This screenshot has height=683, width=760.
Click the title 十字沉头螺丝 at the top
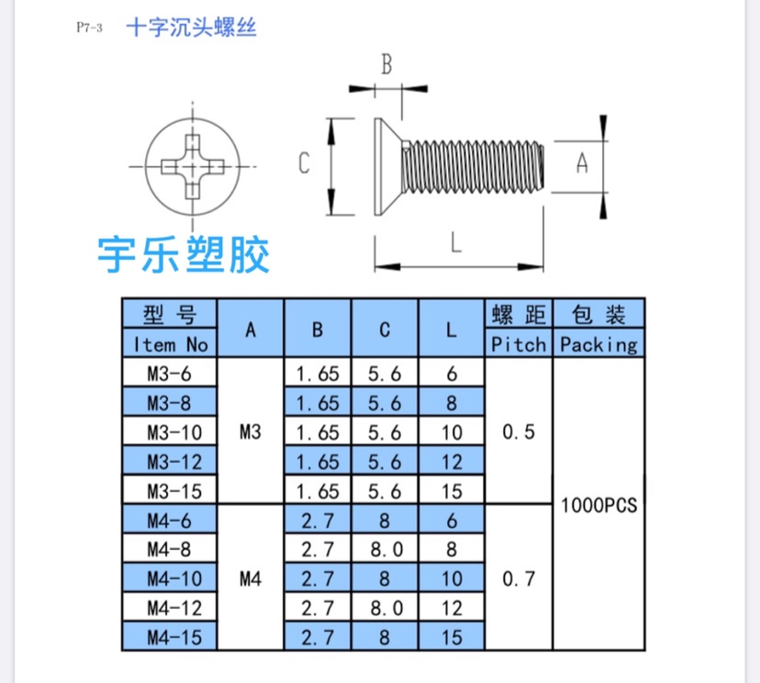(191, 28)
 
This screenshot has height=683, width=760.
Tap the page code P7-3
(89, 28)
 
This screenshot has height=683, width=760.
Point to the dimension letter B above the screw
(386, 65)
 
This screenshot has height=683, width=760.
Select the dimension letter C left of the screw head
(305, 163)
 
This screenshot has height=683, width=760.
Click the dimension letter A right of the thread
(581, 164)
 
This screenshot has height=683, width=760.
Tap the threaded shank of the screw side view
(477, 166)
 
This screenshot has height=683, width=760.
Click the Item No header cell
(171, 344)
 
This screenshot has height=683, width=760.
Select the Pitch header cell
(519, 344)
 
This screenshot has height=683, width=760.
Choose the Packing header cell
(598, 344)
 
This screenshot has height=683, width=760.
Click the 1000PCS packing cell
(598, 505)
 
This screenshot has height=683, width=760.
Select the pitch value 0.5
(519, 431)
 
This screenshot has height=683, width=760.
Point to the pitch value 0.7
(519, 578)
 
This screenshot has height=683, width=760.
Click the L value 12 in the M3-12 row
(452, 461)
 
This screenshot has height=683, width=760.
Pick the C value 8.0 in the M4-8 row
(385, 549)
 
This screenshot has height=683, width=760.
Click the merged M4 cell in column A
(251, 578)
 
